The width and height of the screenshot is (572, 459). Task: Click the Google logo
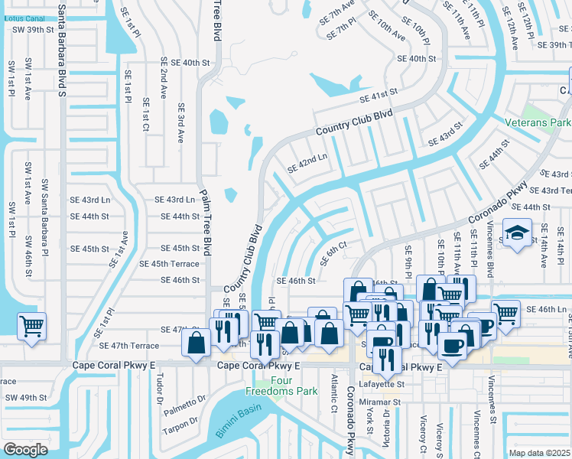(25, 449)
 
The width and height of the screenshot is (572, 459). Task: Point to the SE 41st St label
(380, 95)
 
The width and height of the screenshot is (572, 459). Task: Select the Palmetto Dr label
(185, 399)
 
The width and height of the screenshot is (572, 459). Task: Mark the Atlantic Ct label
(334, 393)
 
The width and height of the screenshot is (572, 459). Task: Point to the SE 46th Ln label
(547, 308)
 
